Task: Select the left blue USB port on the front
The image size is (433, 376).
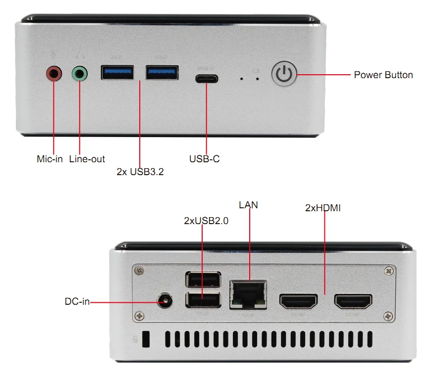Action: point(117,73)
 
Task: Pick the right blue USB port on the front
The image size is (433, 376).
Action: point(162,73)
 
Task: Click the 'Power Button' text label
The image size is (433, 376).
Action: point(383,75)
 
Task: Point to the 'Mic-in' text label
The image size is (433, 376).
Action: point(50,159)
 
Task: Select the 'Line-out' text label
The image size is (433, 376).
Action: point(87,159)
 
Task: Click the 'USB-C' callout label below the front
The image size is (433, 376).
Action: point(204,159)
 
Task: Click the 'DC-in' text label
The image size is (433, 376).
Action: point(77,301)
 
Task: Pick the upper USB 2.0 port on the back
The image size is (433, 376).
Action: point(203,281)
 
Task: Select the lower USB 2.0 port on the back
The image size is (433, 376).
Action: point(203,300)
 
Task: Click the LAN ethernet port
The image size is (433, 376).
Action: point(248,294)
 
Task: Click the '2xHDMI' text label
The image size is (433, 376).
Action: point(323,208)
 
